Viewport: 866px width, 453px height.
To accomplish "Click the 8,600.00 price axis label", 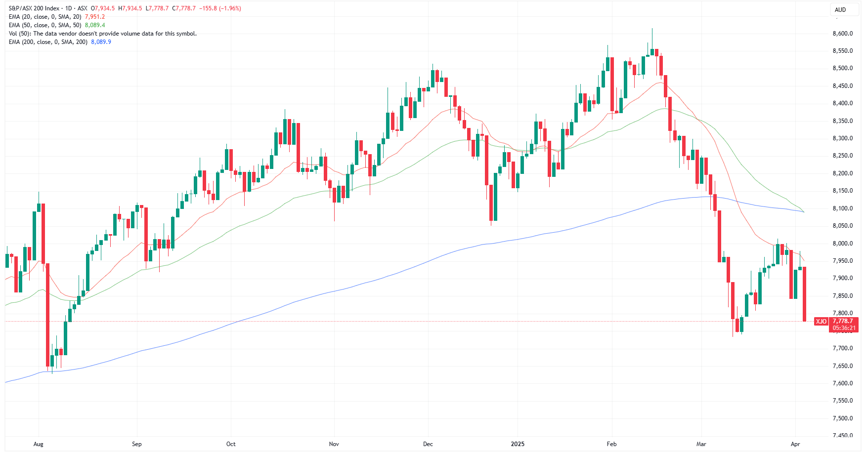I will point(842,34).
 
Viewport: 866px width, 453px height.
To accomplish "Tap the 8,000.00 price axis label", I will point(842,244).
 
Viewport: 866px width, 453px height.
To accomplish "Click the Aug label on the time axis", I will point(39,444).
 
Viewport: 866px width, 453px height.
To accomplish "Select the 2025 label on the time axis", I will point(518,444).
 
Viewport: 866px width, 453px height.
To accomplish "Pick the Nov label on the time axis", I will point(334,444).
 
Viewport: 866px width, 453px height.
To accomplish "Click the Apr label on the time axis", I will point(795,444).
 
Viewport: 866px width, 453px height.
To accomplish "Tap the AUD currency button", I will point(840,9).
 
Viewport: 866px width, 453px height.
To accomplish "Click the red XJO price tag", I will point(821,322).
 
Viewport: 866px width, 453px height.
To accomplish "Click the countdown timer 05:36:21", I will point(844,328).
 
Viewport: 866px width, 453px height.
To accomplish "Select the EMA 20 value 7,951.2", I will point(95,17).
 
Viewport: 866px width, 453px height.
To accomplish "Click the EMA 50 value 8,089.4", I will point(95,25).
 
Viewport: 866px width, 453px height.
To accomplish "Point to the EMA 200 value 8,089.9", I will point(101,42).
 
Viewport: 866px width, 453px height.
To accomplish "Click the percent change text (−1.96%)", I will point(227,8).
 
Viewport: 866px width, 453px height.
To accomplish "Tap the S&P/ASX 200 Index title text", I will point(34,8).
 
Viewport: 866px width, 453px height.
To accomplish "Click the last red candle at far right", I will point(805,294).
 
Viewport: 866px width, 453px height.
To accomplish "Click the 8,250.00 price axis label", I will point(842,156).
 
